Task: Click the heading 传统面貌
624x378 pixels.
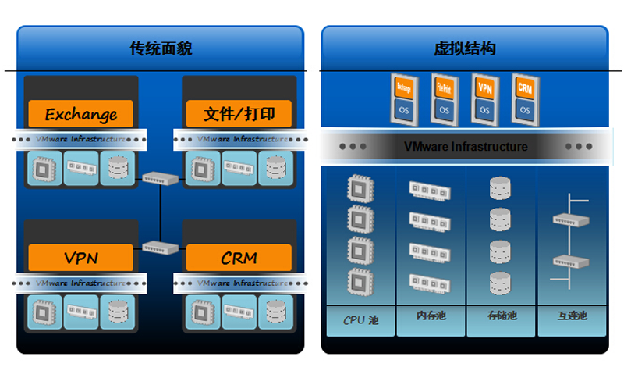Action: point(161,48)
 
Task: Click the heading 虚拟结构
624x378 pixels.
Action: point(465,48)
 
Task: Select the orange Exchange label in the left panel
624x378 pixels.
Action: point(80,114)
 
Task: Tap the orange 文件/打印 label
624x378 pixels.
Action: point(239,114)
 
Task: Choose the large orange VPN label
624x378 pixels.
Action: point(80,257)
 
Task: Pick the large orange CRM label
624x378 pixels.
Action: point(239,257)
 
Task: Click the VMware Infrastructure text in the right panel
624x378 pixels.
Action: point(466,146)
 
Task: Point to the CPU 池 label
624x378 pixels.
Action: point(360,319)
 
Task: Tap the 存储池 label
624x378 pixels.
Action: point(502,316)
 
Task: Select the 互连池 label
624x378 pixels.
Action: point(572,316)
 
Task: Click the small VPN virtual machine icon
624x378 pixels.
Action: point(484,97)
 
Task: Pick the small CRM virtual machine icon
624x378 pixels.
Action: point(525,97)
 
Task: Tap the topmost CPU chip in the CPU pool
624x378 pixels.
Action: point(358,188)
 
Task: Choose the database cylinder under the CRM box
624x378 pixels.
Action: point(275,310)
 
